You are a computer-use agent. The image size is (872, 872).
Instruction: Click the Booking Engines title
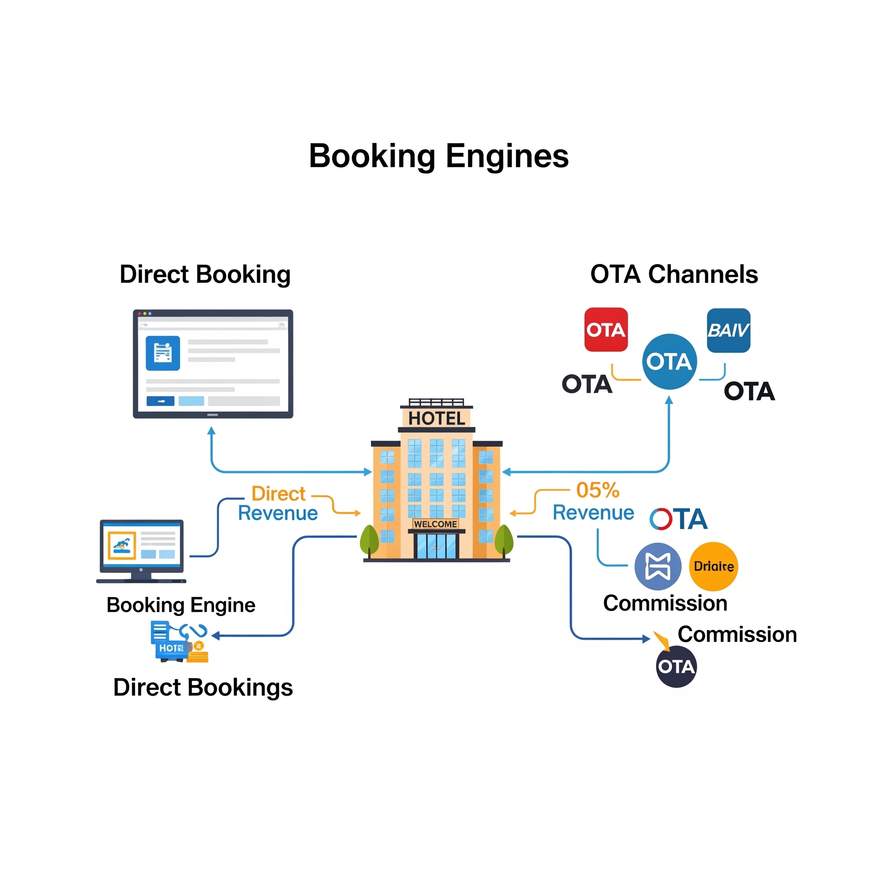coord(438,156)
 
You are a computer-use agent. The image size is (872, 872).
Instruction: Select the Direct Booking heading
coord(205,275)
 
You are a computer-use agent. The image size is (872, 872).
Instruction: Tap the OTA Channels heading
coord(674,275)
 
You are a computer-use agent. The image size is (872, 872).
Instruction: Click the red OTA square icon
coord(606,330)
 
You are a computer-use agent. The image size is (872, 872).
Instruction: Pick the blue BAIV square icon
coord(728,330)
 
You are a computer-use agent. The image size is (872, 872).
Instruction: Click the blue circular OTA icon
coord(669,361)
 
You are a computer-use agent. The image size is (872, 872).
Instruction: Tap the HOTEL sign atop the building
coord(436,419)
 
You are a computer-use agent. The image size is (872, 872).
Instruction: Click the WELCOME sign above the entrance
coord(436,524)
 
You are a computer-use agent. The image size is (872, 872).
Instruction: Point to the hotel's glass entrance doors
coord(436,546)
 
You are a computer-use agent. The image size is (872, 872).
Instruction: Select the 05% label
coord(597,490)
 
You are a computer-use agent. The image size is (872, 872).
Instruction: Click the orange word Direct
coord(278,494)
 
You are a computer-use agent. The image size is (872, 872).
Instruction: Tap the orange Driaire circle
coord(713,566)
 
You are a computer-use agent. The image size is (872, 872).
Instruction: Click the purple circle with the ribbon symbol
coord(657,566)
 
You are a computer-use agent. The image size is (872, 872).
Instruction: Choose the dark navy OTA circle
coord(676,667)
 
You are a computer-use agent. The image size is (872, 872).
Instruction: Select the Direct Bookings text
coord(203,687)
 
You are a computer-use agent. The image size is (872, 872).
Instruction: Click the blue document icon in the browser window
coord(163,353)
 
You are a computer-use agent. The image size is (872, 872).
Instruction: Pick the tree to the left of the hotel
coord(369,540)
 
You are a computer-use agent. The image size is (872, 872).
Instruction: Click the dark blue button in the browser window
coord(160,401)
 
